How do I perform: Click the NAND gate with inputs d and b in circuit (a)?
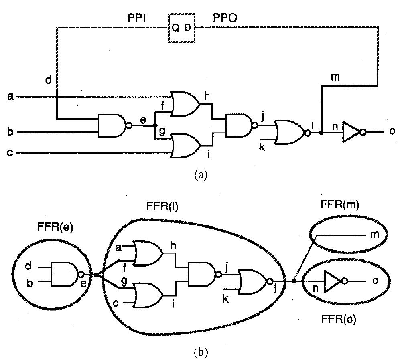(x=112, y=125)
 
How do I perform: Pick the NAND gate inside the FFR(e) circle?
(x=64, y=275)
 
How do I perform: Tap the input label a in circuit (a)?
(x=11, y=97)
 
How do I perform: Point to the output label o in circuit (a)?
(x=391, y=131)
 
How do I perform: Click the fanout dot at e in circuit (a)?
(x=155, y=125)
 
